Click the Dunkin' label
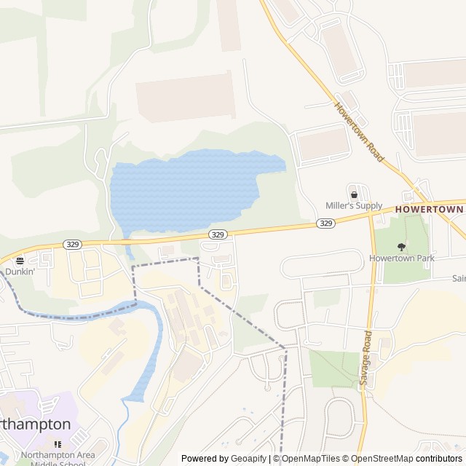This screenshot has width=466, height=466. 20,272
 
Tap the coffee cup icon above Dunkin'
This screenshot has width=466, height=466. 20,260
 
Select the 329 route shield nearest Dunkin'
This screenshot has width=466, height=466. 71,244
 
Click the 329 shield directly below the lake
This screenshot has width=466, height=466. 218,234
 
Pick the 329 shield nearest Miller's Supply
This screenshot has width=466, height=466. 326,224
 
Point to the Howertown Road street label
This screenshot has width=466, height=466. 359,131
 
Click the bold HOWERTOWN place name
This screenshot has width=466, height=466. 430,209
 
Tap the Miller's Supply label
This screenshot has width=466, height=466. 354,206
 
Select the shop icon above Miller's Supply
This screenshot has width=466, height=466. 354,194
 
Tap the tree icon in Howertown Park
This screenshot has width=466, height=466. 400,247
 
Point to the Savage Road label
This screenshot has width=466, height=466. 365,358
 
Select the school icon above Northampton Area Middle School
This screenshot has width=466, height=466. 57,444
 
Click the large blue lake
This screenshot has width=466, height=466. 182,189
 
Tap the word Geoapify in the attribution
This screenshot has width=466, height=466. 249,459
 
